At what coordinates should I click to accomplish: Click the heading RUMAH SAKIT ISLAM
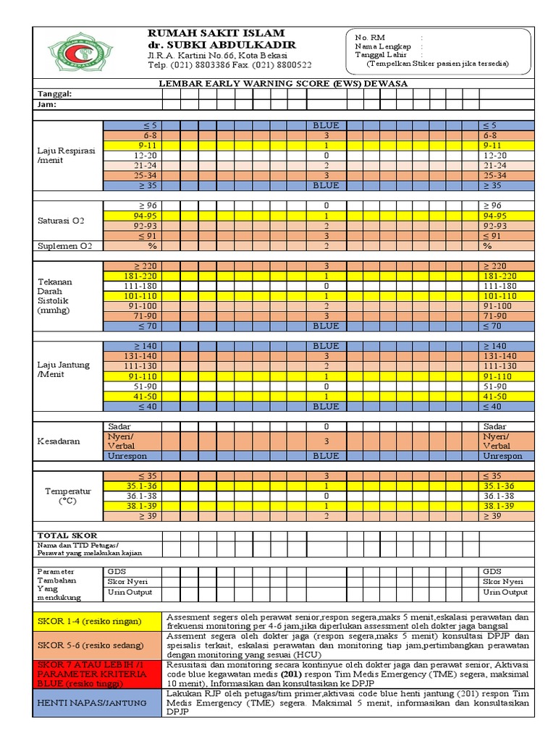click(x=216, y=33)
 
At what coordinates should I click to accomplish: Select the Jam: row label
click(x=48, y=105)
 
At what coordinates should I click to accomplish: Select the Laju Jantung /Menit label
click(x=64, y=370)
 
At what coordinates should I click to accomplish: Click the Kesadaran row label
click(x=59, y=441)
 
